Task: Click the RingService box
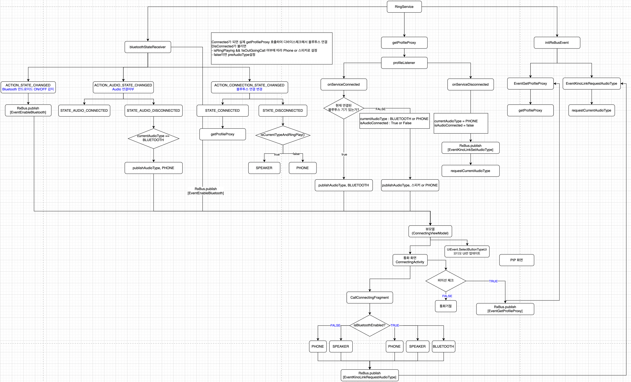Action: pos(404,7)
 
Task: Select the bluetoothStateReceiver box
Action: pos(148,47)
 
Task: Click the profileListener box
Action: pos(404,63)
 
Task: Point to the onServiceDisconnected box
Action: pos(470,84)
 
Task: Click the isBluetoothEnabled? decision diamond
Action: pos(369,325)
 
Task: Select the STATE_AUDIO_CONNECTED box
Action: pos(84,111)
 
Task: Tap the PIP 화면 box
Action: pos(516,260)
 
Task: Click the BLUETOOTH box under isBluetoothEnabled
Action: pos(443,346)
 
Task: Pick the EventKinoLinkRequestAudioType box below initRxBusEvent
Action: pos(591,84)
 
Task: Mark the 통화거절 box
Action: pos(446,306)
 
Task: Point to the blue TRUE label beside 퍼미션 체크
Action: pos(493,281)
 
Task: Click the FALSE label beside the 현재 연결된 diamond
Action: pos(381,109)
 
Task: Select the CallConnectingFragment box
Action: pos(369,298)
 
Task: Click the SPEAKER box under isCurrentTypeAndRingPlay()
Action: pos(264,168)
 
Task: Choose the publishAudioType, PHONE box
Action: pos(153,168)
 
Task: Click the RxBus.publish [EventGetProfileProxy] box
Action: pos(505,309)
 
